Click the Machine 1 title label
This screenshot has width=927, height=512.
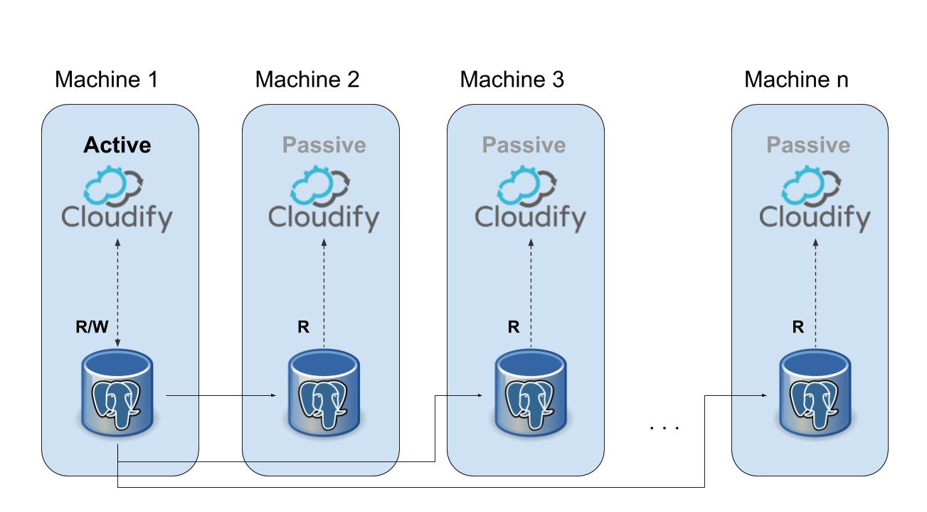pos(106,80)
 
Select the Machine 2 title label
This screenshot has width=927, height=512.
pos(307,80)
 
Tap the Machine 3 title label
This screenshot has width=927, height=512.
pos(512,80)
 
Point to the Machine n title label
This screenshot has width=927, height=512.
pos(796,80)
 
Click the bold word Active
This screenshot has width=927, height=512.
pos(117,145)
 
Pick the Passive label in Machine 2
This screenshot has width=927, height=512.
pos(324,145)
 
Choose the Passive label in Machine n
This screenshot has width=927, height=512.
pos(808,145)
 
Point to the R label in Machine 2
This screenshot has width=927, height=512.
pos(304,328)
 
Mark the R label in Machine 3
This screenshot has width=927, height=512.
pos(513,328)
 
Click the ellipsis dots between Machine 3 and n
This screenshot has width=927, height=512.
pos(665,427)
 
